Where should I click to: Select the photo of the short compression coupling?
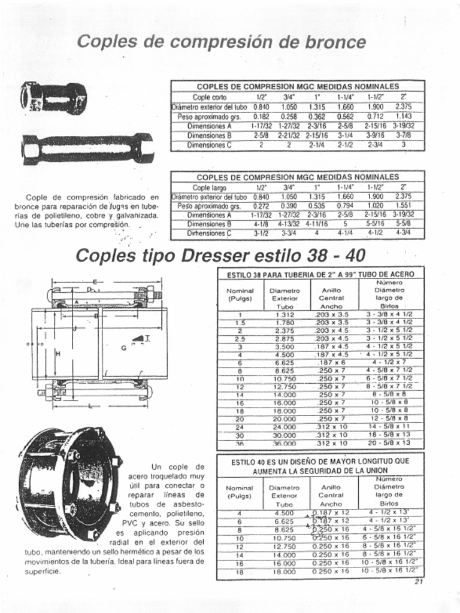click(53, 98)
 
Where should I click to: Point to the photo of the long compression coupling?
click(87, 148)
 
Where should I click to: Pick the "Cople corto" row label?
click(209, 97)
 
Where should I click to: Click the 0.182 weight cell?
click(261, 117)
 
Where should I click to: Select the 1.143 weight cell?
click(403, 117)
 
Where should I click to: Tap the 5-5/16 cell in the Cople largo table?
click(375, 224)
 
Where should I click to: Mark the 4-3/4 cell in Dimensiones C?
click(403, 233)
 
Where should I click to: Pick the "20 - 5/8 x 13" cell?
click(389, 443)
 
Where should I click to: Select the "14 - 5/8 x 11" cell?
click(389, 427)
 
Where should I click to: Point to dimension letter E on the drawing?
click(95, 280)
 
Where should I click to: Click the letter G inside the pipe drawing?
click(123, 348)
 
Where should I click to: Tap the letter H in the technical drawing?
click(58, 354)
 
